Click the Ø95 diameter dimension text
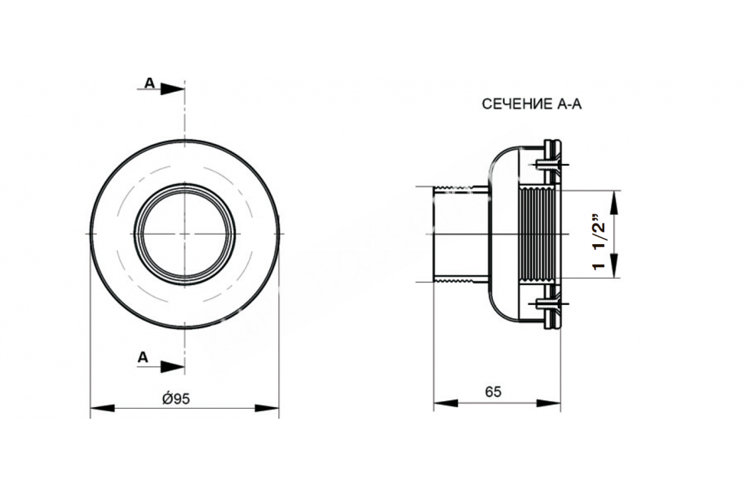[176, 398]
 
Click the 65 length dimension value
[493, 392]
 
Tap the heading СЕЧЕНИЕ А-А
[532, 104]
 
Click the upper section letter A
[150, 83]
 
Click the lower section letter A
[143, 357]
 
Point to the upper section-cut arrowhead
[173, 89]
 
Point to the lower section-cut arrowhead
[173, 367]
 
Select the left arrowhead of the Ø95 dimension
[102, 408]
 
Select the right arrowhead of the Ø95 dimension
[267, 408]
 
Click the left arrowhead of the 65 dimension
[446, 403]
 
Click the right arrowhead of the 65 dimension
[548, 403]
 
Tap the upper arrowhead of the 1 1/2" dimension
[614, 203]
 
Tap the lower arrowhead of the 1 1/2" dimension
[614, 266]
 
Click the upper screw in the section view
[548, 165]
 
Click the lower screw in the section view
[548, 304]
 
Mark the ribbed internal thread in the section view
[537, 234]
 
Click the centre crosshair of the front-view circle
[185, 234]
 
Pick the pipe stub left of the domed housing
[461, 234]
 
